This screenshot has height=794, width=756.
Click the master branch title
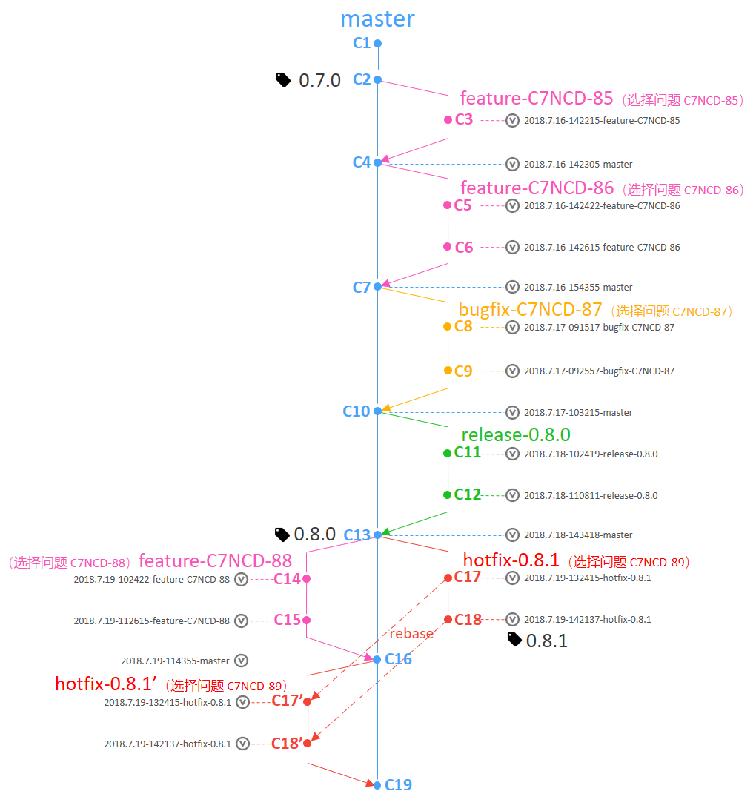(x=377, y=19)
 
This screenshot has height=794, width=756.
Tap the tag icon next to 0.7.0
(x=283, y=80)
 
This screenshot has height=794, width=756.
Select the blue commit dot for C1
(x=377, y=44)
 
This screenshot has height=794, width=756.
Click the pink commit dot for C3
(x=448, y=119)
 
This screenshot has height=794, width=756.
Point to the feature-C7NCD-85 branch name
(x=536, y=99)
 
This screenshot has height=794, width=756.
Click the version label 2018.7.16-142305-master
(x=578, y=164)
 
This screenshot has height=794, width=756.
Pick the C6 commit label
(x=464, y=247)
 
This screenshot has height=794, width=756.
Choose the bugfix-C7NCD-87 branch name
(x=530, y=309)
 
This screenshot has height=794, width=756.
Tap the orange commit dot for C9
(x=448, y=371)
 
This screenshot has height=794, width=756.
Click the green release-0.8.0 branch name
(x=515, y=434)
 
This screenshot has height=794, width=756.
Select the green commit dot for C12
(x=447, y=494)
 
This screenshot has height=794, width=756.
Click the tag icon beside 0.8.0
(x=282, y=535)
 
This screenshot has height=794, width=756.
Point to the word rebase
(x=411, y=633)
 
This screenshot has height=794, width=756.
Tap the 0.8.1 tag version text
(x=546, y=641)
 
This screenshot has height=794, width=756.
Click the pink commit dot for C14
(x=306, y=578)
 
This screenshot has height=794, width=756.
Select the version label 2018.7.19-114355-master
(x=175, y=661)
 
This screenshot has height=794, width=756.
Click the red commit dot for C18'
(x=307, y=743)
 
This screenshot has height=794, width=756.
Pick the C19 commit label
(x=398, y=784)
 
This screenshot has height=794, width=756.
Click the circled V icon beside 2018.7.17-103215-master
(x=512, y=412)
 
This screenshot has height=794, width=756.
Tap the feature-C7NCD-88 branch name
(x=215, y=560)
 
